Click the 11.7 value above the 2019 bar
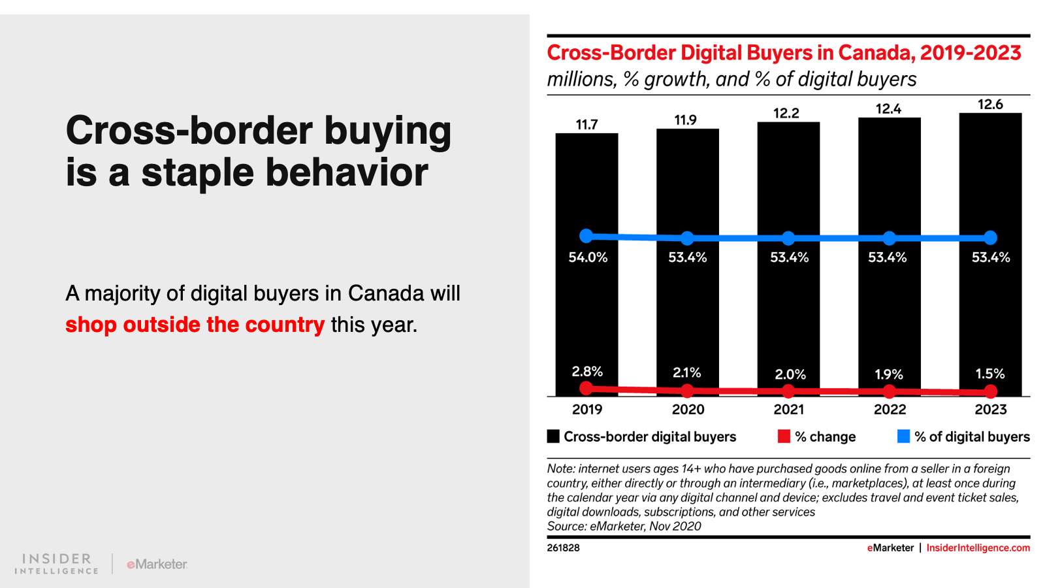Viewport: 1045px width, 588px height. pos(587,124)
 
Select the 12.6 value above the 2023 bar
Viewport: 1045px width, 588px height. pos(990,105)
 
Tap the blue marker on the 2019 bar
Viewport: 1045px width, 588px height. pos(587,236)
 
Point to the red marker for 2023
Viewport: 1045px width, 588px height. pos(991,391)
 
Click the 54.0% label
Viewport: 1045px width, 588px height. pos(588,257)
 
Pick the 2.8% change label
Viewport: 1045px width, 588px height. pos(587,372)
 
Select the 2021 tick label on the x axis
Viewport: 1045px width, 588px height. pos(789,410)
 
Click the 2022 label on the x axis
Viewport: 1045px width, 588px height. pos(890,410)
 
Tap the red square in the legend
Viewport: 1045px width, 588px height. pos(784,436)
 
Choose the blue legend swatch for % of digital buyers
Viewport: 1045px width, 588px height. pos(903,436)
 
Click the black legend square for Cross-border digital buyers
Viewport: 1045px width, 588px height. pos(553,436)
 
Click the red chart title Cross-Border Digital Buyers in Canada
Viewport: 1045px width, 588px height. pos(784,53)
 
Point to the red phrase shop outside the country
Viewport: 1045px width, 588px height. pos(195,325)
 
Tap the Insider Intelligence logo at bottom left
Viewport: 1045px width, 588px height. pos(57,564)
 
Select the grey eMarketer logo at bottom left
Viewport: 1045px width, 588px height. pos(157,564)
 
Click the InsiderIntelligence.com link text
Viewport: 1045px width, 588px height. pos(978,547)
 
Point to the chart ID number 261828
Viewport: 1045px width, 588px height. pos(563,547)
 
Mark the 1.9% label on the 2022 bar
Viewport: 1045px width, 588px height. pos(888,374)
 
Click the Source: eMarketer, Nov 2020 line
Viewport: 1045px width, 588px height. pos(624,526)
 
